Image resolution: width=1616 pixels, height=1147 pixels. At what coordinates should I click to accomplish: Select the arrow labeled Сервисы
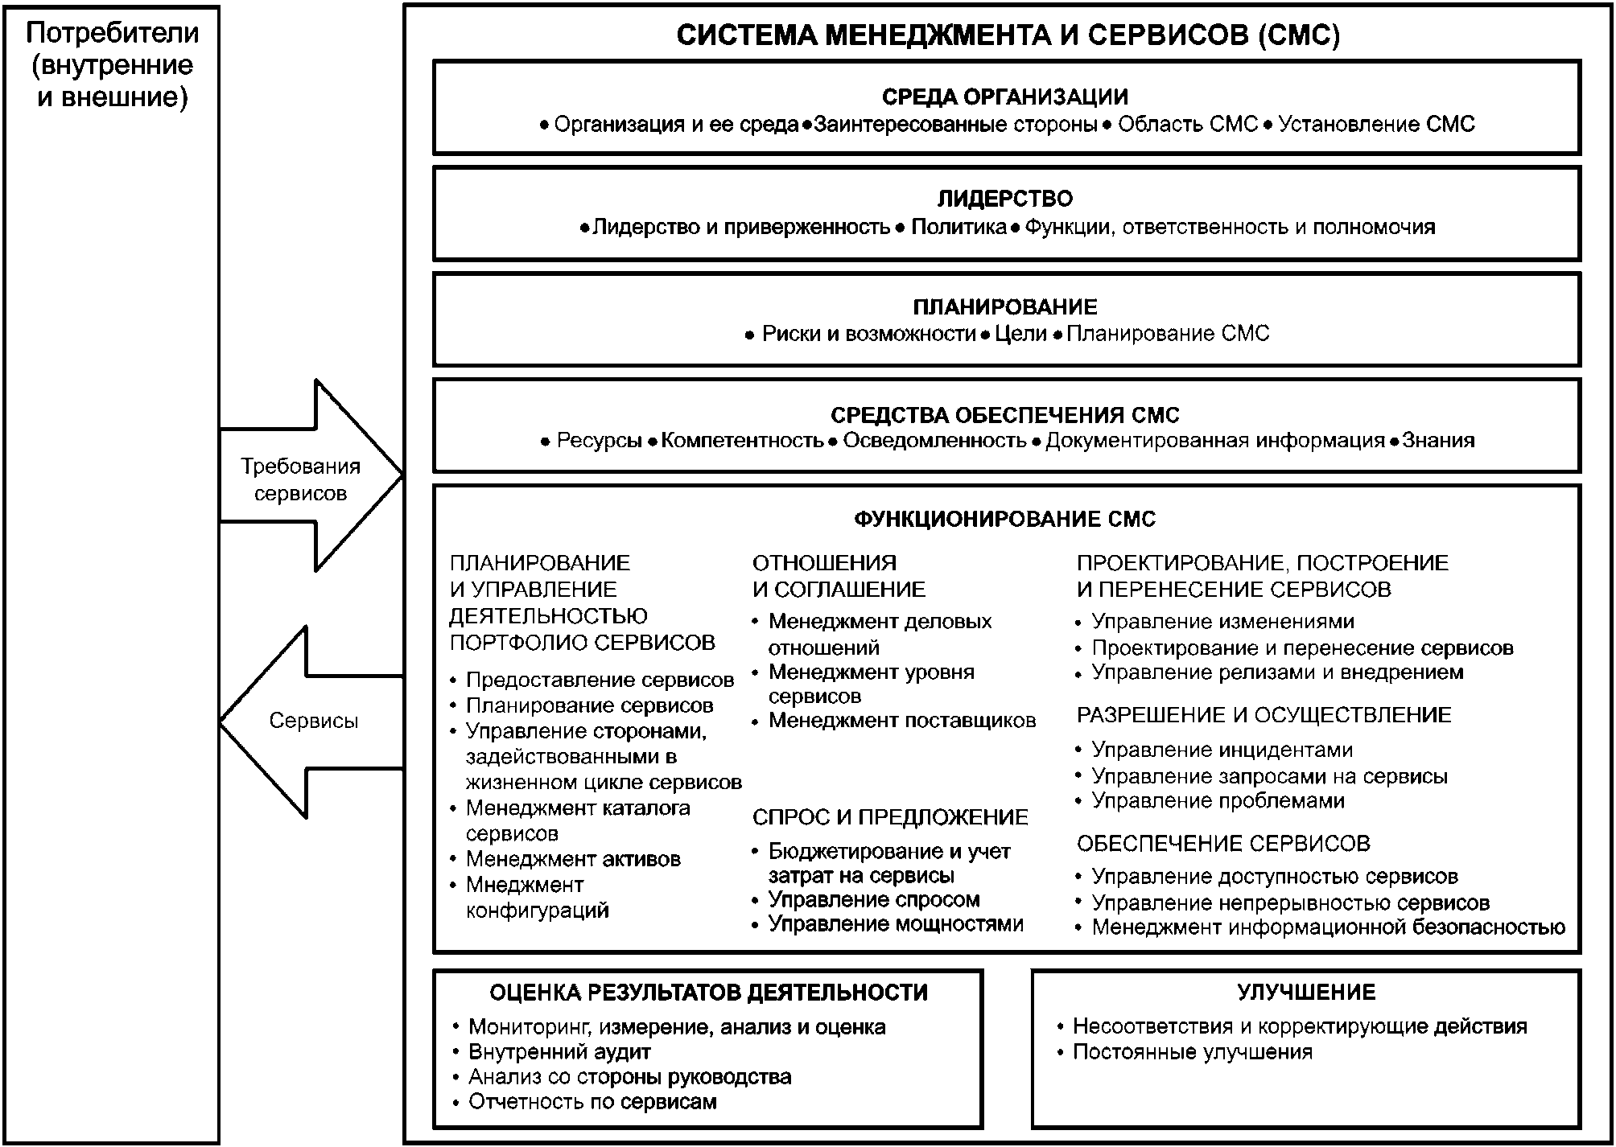click(312, 721)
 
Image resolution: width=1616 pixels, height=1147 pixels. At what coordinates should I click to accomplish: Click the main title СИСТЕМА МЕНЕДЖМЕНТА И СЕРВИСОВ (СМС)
click(1008, 35)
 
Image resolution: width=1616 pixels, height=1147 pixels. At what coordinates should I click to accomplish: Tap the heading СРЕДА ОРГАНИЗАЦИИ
click(1005, 97)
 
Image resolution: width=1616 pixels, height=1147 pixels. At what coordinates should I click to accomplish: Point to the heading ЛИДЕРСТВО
click(1005, 199)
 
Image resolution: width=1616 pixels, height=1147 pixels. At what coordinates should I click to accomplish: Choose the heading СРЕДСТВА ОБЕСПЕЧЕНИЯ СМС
click(1005, 415)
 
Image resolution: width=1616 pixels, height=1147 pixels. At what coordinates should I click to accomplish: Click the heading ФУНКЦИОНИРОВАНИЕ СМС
click(1004, 519)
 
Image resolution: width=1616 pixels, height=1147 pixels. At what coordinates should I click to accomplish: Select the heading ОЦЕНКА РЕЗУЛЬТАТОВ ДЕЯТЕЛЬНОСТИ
click(708, 993)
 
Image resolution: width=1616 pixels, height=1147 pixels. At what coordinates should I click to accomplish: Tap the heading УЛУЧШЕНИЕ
click(1305, 992)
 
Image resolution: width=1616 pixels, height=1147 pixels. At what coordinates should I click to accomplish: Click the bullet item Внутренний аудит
click(559, 1051)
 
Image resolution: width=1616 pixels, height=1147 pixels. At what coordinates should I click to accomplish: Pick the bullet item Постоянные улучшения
click(1192, 1051)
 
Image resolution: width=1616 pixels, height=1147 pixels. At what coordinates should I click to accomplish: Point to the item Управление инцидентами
click(1222, 750)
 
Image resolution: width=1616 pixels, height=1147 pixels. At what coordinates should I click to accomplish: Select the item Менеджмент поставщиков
click(901, 720)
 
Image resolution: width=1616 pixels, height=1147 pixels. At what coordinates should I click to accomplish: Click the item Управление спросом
click(873, 899)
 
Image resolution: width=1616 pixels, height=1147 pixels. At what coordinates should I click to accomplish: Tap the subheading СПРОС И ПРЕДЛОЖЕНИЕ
click(890, 817)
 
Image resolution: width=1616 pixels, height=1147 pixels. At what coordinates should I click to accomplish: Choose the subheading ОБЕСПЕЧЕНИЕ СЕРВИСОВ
click(1223, 843)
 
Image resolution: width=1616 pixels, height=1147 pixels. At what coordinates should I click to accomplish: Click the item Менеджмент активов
click(573, 859)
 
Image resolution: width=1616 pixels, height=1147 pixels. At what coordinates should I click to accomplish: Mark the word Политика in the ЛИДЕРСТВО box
click(958, 227)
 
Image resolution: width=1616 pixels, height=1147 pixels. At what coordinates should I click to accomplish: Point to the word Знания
click(1438, 440)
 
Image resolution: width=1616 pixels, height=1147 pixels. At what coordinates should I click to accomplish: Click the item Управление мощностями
click(895, 923)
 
